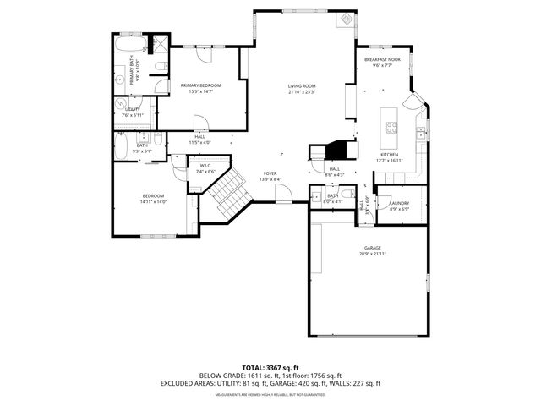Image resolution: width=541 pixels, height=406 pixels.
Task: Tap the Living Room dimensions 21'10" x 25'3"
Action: [302, 92]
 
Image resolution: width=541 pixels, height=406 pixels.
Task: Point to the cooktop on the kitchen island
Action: [392, 129]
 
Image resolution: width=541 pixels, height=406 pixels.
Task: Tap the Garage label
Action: [373, 248]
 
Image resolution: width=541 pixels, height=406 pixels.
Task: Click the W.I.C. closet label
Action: [205, 166]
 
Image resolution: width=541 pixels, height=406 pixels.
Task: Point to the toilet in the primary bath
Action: [161, 67]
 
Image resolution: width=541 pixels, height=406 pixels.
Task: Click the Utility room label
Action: [133, 109]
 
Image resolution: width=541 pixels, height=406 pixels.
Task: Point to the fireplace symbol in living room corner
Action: [345, 19]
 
